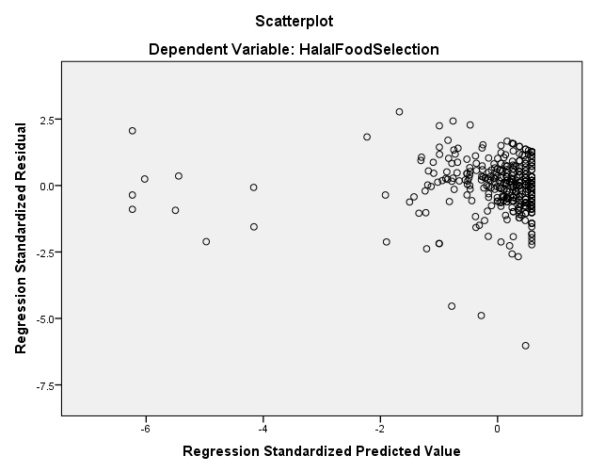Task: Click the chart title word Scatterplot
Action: (294, 20)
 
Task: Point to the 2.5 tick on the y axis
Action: (44, 120)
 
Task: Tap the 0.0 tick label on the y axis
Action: (44, 186)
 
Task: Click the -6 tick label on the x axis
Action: (144, 429)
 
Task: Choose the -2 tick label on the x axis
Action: (379, 429)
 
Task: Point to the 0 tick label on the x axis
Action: (498, 429)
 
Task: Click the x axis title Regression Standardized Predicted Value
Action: (321, 451)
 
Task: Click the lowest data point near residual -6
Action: (525, 346)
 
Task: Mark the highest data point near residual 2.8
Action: (399, 111)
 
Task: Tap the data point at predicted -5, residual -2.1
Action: (206, 242)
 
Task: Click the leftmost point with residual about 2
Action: (133, 131)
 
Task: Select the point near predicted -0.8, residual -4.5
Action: (452, 306)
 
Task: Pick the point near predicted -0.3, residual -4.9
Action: (481, 316)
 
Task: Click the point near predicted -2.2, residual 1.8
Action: (367, 137)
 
